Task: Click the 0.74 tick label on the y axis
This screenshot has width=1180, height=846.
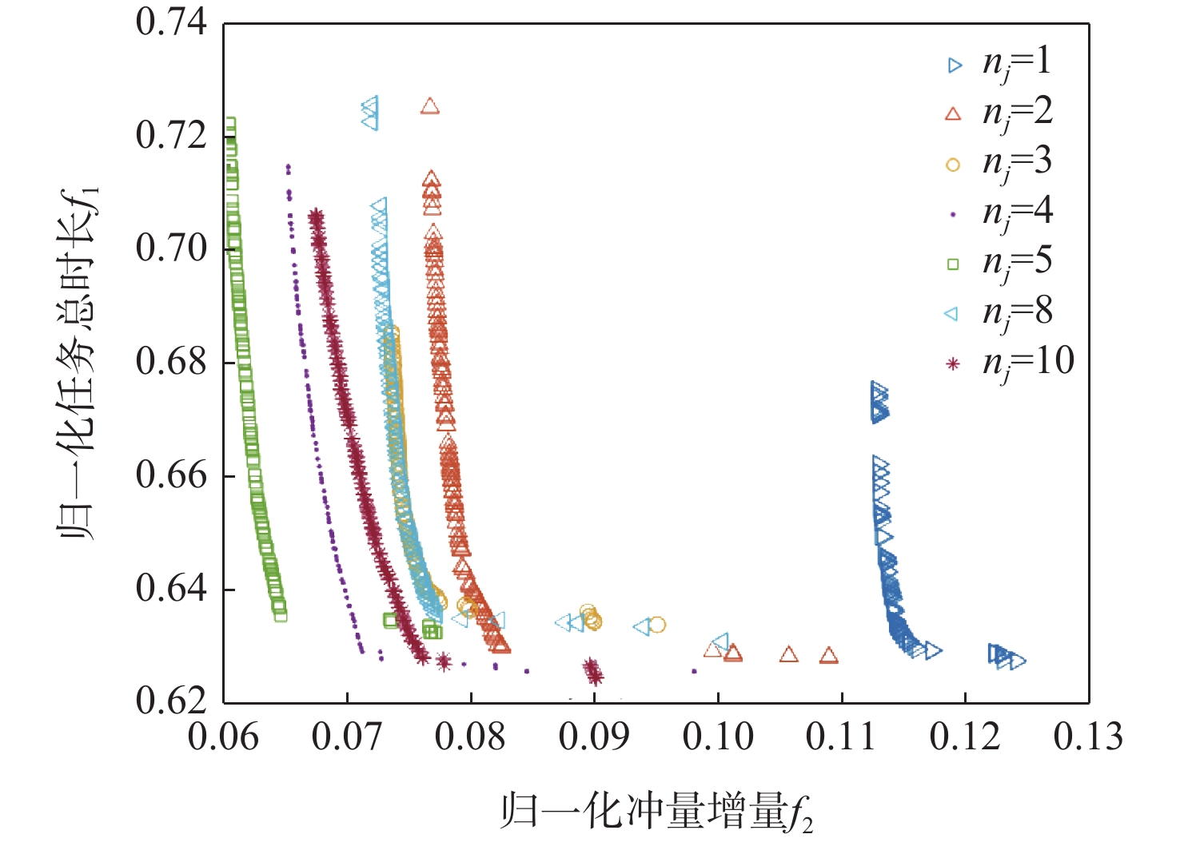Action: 171,22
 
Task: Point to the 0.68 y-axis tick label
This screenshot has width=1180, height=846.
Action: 171,362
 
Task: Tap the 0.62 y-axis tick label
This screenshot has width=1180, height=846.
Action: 171,701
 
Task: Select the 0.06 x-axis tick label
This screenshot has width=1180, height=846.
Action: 223,737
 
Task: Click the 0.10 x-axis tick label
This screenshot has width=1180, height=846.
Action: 718,737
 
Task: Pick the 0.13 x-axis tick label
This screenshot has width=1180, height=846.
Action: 1088,737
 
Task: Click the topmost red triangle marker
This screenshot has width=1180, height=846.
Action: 430,106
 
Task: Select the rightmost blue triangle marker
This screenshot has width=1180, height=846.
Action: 1018,661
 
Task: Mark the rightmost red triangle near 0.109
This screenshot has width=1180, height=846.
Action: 829,656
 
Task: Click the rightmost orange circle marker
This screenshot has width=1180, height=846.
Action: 657,625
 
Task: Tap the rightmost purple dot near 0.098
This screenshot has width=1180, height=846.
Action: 694,671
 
